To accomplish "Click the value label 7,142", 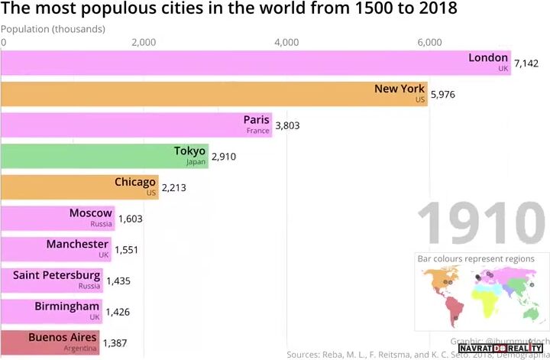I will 526,63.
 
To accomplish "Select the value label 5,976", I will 444,95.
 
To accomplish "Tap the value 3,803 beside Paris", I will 287,125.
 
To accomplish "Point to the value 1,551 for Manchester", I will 127,250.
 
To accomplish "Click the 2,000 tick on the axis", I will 144,42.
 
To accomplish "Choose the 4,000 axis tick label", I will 286,42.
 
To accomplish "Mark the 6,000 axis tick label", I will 429,42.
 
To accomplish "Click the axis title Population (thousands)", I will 53,29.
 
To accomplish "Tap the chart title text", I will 229,10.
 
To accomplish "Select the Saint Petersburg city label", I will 57,275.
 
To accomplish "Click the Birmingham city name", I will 66,306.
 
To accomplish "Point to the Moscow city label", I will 91,213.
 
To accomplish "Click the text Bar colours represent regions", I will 476,258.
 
